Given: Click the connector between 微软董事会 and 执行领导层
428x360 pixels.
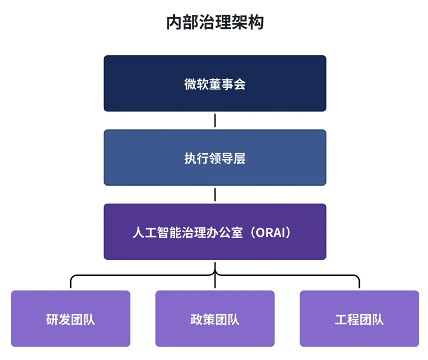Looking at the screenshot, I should (215, 120).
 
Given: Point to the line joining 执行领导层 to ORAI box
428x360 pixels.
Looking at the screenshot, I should (215, 194).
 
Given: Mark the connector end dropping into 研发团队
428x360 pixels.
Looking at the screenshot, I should (71, 284).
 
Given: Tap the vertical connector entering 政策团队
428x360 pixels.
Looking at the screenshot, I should (215, 283).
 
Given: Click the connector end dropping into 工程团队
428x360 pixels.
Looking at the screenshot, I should (359, 284).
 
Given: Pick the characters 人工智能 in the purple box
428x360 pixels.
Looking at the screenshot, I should (156, 232).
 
